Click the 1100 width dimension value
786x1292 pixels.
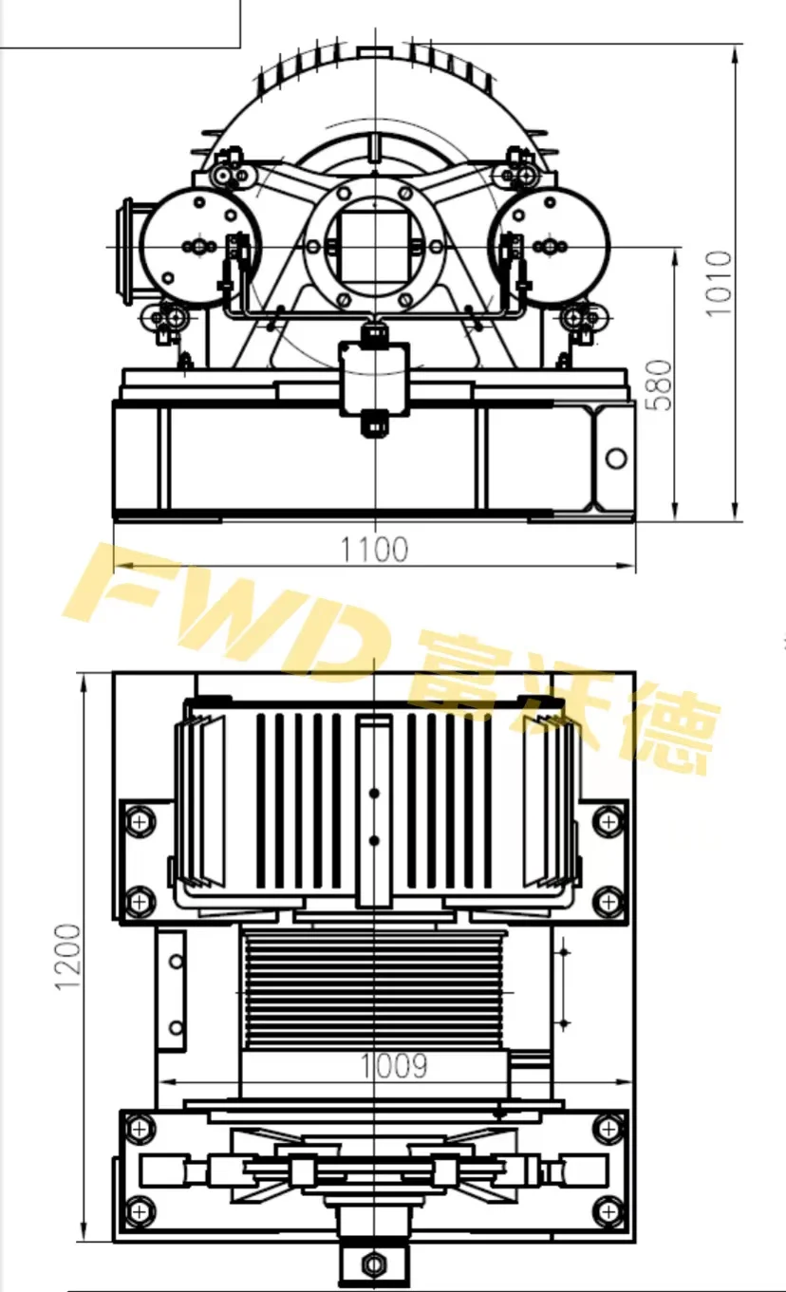375,550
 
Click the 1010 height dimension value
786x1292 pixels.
720,283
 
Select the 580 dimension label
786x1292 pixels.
657,384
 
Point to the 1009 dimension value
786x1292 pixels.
393,1066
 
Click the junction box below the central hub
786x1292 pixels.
375,377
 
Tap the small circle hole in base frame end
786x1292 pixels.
616,459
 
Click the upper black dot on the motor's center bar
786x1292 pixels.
374,793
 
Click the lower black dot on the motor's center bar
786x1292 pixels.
374,841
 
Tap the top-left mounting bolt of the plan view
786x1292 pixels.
140,818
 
